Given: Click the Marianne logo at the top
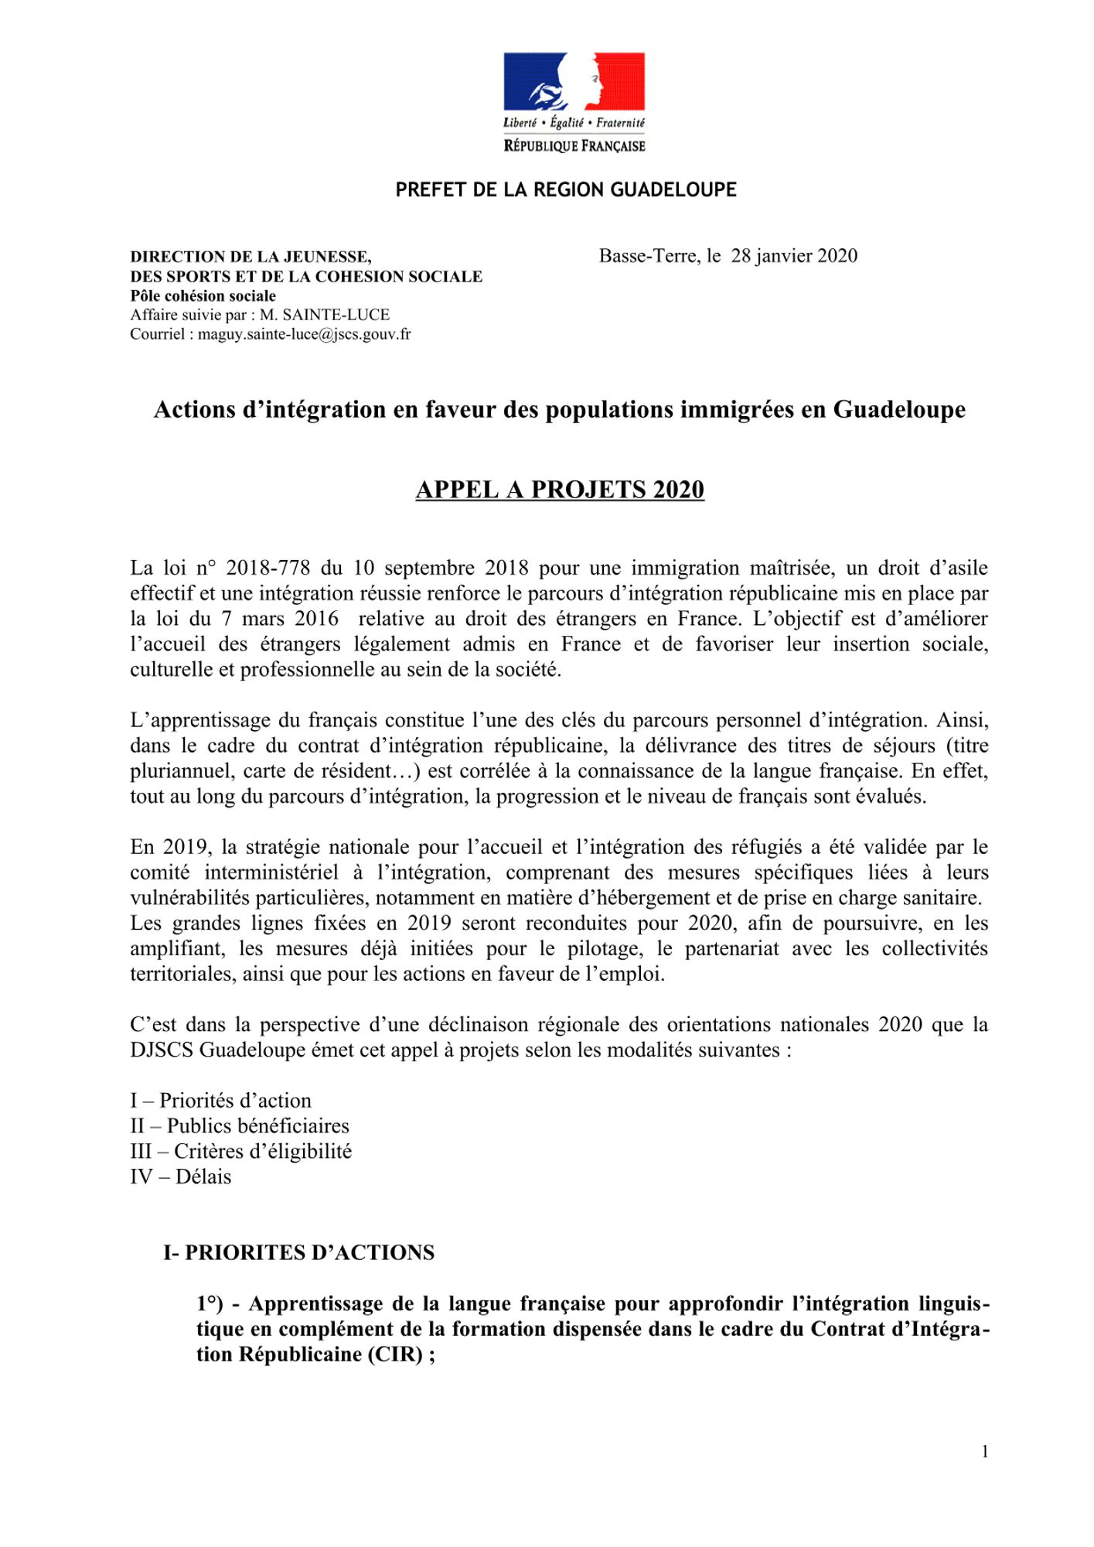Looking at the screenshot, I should click(574, 82).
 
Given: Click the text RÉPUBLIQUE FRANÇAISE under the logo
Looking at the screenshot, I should click(574, 145).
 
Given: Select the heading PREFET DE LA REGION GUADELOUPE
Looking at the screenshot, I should click(566, 190).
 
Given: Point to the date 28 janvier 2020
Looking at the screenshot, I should click(794, 256).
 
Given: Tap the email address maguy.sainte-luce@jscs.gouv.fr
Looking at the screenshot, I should click(305, 334).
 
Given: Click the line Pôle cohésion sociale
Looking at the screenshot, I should click(203, 295).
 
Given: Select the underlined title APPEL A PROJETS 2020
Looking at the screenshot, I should click(560, 490).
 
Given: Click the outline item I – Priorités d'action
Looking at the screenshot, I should click(220, 1101).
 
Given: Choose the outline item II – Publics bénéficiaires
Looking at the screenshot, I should click(240, 1126).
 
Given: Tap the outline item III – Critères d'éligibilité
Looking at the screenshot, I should click(240, 1152).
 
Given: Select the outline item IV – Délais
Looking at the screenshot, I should click(180, 1177).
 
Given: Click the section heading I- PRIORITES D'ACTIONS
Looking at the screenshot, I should click(298, 1252).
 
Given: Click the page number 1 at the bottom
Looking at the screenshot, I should click(985, 1452).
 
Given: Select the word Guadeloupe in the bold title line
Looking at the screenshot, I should click(898, 409).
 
